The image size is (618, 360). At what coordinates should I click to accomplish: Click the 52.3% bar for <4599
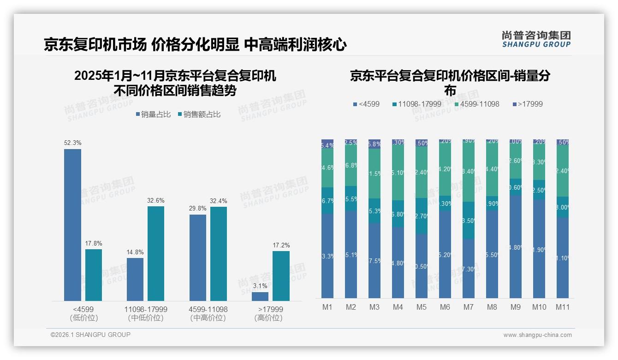pyautogui.click(x=72, y=225)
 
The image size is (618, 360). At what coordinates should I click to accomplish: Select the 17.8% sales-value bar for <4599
pyautogui.click(x=94, y=275)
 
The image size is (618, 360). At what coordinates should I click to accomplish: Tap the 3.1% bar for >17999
pyautogui.click(x=260, y=296)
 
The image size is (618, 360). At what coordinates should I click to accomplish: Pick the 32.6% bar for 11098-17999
pyautogui.click(x=156, y=253)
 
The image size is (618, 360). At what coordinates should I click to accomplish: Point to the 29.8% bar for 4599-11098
pyautogui.click(x=198, y=258)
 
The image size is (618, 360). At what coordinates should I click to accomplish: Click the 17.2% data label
pyautogui.click(x=281, y=245)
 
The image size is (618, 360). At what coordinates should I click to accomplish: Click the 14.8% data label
pyautogui.click(x=135, y=252)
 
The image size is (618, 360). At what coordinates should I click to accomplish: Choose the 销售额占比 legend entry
pyautogui.click(x=199, y=114)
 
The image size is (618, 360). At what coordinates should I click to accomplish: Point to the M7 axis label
pyautogui.click(x=469, y=307)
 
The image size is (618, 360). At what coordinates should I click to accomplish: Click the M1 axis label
pyautogui.click(x=327, y=307)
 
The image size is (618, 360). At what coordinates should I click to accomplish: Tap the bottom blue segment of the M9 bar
pyautogui.click(x=516, y=246)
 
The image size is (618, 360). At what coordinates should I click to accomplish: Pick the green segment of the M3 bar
pyautogui.click(x=374, y=174)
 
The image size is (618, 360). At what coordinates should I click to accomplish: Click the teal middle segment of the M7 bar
pyautogui.click(x=469, y=220)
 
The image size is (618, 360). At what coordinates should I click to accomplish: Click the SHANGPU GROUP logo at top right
pyautogui.click(x=536, y=39)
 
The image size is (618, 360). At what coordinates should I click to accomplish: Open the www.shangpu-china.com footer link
pyautogui.click(x=537, y=335)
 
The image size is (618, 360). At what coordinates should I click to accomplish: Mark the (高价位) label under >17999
pyautogui.click(x=268, y=318)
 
